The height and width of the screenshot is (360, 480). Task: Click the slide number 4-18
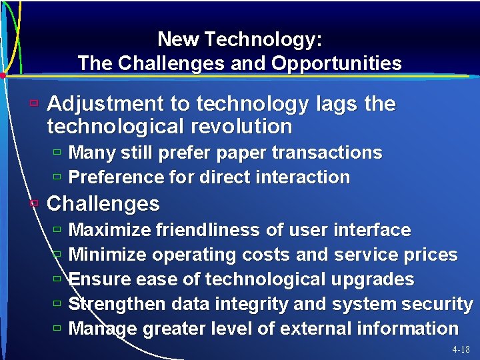point(461,349)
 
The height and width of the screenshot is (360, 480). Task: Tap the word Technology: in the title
point(264,40)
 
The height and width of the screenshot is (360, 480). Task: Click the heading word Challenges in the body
point(103,203)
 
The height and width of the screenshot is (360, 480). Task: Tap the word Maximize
point(109,230)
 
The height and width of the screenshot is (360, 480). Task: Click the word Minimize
point(108,255)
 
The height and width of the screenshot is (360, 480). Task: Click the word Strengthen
point(117,304)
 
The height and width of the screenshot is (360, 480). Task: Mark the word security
point(438,304)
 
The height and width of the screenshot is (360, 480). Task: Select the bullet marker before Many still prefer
point(57,153)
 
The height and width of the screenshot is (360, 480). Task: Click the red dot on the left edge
point(3,75)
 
